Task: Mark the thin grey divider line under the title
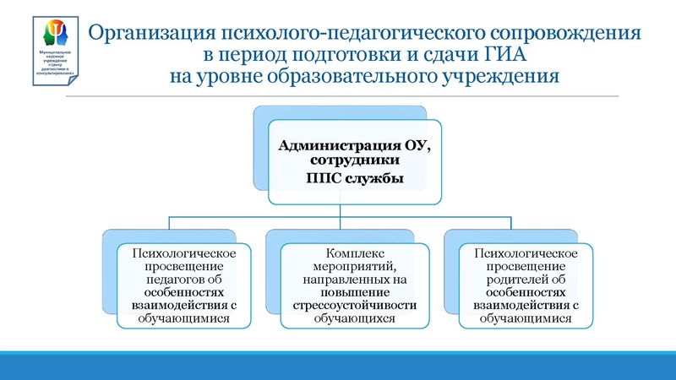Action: tap(355, 95)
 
